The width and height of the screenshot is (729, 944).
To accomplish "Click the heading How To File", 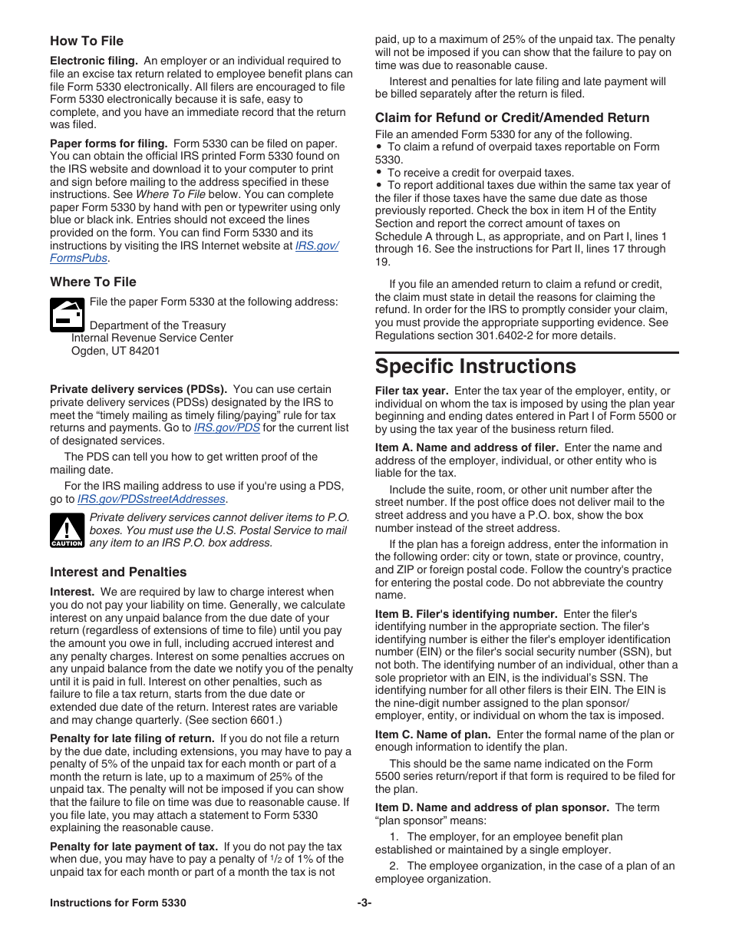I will click(x=87, y=41).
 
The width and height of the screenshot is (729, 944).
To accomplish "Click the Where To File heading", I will click(x=93, y=282).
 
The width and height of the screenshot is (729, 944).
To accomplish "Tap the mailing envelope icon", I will click(x=67, y=314).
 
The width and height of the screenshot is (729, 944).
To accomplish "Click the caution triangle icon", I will click(x=67, y=530).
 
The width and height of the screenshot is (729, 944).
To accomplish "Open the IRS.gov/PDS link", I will click(x=226, y=427).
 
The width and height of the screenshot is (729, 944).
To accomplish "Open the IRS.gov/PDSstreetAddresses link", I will click(x=151, y=499).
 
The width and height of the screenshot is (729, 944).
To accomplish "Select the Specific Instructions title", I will click(x=475, y=365).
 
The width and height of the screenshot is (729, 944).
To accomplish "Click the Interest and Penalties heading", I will click(x=118, y=572).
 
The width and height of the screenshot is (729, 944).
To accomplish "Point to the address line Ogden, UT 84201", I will click(x=115, y=351).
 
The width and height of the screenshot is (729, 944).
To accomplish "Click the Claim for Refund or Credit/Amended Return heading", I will click(x=512, y=117).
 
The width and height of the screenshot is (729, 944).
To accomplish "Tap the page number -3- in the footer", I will click(x=364, y=903).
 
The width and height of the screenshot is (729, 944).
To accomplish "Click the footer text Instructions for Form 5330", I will click(x=118, y=903).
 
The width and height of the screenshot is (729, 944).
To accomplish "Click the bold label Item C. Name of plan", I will click(x=433, y=734).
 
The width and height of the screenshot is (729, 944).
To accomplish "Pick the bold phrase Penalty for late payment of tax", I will click(x=134, y=847).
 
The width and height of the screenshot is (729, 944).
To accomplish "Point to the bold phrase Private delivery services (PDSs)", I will click(x=138, y=389).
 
